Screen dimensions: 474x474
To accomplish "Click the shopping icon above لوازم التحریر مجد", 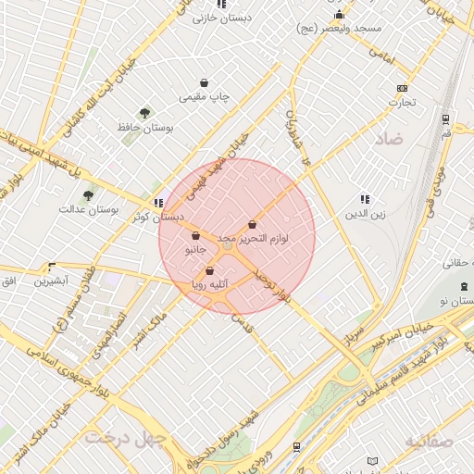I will (x=252, y=224).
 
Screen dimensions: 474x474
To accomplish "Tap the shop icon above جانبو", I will (x=195, y=235).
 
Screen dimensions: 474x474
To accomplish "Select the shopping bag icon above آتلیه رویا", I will (x=210, y=271).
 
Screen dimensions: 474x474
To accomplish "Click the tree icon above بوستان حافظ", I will (x=143, y=112).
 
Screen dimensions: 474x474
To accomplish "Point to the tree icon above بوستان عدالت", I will (x=88, y=195).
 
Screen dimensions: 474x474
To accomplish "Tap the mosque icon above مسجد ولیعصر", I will (x=340, y=14).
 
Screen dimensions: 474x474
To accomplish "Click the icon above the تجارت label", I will (x=401, y=88).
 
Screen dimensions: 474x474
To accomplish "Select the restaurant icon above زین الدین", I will (x=365, y=199).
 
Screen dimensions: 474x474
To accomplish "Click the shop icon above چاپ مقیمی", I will (x=205, y=81).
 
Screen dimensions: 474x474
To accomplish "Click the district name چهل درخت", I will (x=124, y=436).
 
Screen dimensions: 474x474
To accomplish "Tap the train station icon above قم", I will (x=445, y=118).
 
